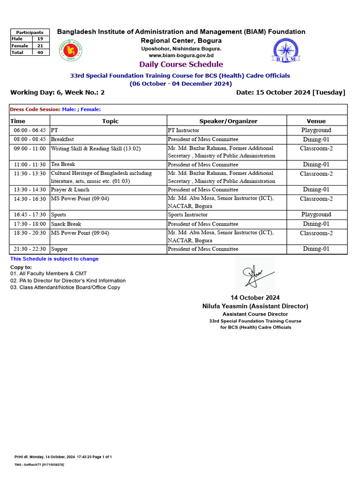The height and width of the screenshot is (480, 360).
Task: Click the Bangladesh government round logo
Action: pyautogui.click(x=69, y=51)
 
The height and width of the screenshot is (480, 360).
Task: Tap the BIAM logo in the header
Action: pyautogui.click(x=285, y=50)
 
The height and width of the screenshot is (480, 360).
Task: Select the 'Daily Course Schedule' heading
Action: pyautogui.click(x=181, y=65)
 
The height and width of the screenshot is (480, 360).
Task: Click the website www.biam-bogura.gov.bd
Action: pyautogui.click(x=181, y=55)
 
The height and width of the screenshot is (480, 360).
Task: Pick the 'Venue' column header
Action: pyautogui.click(x=316, y=121)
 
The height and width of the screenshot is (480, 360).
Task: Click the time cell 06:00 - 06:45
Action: pyautogui.click(x=30, y=130)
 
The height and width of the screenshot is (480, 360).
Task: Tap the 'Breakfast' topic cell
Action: pyautogui.click(x=62, y=139)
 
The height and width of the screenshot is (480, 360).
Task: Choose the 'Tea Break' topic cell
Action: pyautogui.click(x=63, y=165)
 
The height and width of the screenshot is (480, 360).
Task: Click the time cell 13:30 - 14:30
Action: pyautogui.click(x=30, y=190)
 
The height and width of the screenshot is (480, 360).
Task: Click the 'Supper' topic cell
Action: pyautogui.click(x=60, y=249)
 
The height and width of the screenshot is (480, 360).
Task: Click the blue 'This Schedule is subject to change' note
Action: pyautogui.click(x=54, y=259)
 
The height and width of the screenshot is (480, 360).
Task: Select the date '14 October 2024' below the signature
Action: pyautogui.click(x=255, y=298)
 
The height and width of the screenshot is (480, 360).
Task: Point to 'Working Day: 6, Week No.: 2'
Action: pyautogui.click(x=57, y=92)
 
